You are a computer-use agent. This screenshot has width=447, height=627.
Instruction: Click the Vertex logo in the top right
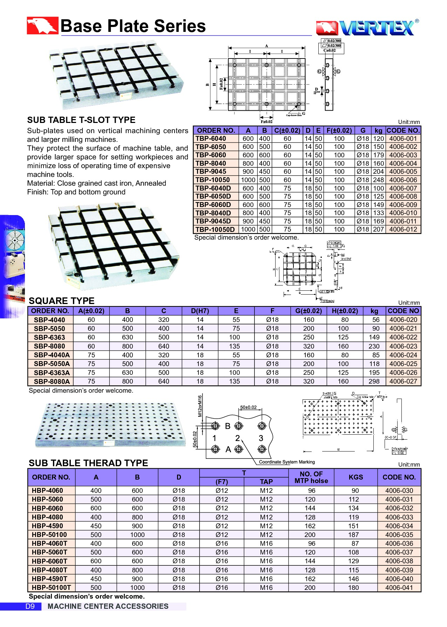click(x=367, y=28)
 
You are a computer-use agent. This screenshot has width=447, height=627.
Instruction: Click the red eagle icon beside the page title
click(x=42, y=26)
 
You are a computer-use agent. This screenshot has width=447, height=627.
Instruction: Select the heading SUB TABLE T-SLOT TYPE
click(x=81, y=120)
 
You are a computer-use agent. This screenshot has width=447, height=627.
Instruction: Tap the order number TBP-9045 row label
click(x=211, y=172)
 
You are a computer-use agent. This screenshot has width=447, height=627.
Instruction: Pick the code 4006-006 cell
click(x=403, y=180)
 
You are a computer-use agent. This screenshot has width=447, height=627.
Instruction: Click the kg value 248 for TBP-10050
click(x=378, y=180)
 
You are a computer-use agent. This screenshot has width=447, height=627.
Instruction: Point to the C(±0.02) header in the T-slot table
click(x=287, y=131)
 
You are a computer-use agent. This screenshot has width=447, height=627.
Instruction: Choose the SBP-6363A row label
click(x=52, y=373)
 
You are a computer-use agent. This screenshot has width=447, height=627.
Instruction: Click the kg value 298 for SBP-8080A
click(x=374, y=381)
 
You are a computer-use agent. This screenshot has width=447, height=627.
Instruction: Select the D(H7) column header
click(x=200, y=311)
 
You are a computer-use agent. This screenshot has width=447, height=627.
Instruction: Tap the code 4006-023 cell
click(x=403, y=346)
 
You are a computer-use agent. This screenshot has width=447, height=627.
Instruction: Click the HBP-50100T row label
click(x=51, y=587)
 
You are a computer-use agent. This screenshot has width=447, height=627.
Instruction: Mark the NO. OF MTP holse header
click(x=311, y=477)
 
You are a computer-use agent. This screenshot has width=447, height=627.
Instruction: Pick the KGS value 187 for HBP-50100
click(x=353, y=535)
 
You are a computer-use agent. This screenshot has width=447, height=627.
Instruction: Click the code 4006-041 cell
click(x=399, y=587)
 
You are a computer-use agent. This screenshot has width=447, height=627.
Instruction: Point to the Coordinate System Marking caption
click(x=287, y=462)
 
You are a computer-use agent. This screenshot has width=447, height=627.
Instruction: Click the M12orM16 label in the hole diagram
click(x=200, y=406)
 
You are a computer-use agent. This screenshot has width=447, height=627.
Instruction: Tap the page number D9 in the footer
click(x=30, y=606)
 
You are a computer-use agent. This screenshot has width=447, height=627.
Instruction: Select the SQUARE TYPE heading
click(x=62, y=301)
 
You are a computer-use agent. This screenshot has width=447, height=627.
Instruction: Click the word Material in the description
click(x=40, y=183)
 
